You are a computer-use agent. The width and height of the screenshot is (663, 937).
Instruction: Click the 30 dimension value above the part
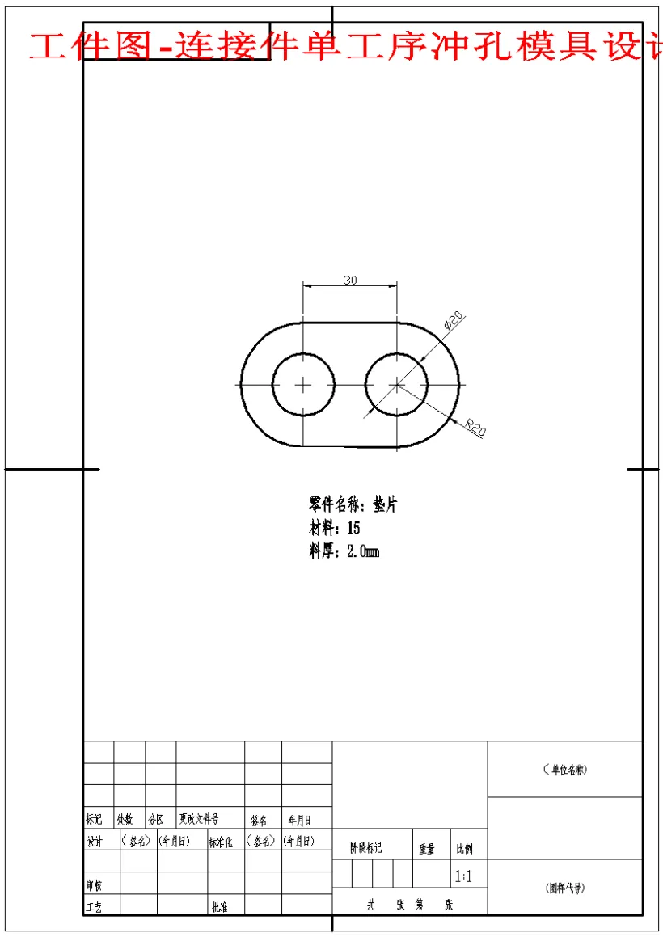pos(350,281)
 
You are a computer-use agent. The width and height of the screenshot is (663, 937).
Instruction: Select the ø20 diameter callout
pos(452,321)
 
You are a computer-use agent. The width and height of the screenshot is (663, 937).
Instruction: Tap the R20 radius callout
pos(475,427)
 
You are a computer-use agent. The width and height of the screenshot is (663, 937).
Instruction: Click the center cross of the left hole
pos(303,384)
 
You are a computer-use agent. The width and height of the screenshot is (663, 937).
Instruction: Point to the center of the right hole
pos(397,384)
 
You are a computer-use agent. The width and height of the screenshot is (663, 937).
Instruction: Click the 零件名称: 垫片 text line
pos(353,505)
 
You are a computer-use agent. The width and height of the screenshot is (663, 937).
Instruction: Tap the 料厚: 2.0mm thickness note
pos(344,552)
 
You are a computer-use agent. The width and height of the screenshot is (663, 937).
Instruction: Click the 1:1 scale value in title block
pos(464,876)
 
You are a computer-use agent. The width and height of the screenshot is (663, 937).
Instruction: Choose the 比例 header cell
pos(465,849)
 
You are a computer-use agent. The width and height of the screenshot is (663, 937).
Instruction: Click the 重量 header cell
pos(427,849)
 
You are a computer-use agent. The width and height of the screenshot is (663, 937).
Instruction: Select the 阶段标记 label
pos(365,849)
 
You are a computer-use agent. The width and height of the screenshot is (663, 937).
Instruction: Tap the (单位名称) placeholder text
pos(565,770)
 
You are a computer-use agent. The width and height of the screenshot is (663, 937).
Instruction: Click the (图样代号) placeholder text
pos(565,888)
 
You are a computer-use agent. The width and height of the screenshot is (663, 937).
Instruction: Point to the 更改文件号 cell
pos(199,820)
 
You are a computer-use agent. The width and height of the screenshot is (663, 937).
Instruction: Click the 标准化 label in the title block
pos(221,842)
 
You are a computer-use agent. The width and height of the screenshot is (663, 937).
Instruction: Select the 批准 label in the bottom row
pos(219,907)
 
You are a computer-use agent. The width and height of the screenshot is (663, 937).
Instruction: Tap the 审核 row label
pos(94,885)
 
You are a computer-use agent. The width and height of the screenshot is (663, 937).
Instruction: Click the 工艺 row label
pos(94,907)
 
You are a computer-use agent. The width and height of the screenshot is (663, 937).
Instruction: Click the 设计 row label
pos(95,842)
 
